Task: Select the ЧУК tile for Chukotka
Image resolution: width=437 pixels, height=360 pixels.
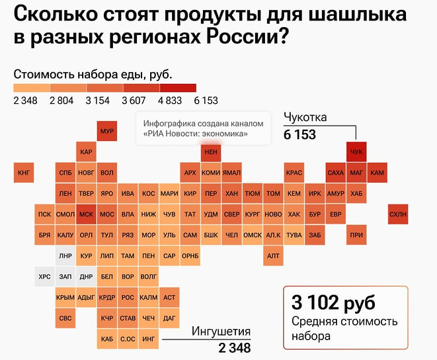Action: [356, 152]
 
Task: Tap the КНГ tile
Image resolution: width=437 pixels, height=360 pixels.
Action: [24, 173]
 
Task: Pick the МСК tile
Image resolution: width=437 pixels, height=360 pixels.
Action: [86, 214]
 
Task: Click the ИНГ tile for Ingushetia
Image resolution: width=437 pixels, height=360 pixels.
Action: [149, 339]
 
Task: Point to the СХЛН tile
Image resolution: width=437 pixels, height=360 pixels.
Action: [398, 214]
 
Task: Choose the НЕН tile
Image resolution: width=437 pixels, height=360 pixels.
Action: [211, 152]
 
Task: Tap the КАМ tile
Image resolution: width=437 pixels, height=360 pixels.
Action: [377, 173]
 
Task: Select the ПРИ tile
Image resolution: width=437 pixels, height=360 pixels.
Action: [356, 235]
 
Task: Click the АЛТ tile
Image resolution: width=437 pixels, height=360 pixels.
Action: [272, 255]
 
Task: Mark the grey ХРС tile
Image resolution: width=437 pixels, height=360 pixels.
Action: [44, 277]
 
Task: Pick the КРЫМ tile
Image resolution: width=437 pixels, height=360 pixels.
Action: [65, 297]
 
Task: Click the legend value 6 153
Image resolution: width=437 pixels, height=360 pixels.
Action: [206, 101]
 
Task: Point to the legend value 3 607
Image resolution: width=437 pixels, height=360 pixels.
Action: [134, 101]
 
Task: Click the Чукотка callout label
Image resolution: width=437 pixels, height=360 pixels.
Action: [305, 118]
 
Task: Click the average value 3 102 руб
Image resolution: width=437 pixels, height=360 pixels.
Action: [333, 303]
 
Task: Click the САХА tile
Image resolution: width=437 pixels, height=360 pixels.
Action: [335, 173]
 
